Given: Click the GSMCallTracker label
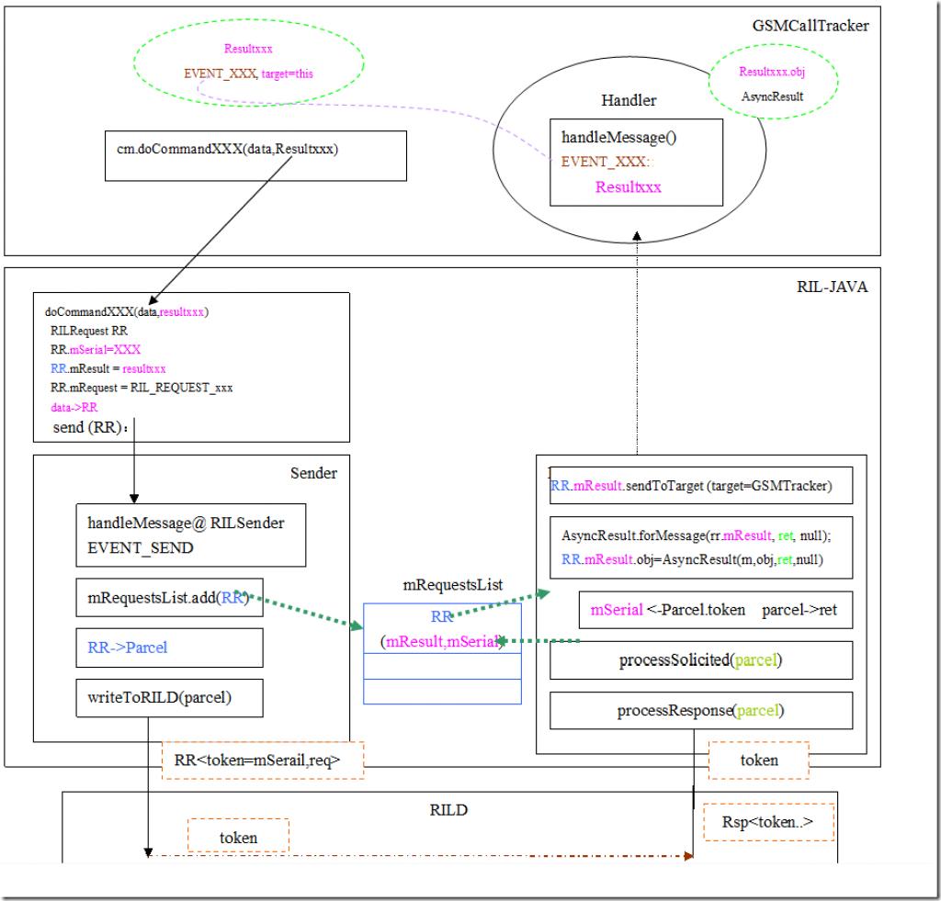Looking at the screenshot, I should click(x=810, y=26).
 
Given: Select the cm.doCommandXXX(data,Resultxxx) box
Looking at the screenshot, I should click(x=256, y=155).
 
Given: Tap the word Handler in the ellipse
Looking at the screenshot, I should click(x=629, y=100).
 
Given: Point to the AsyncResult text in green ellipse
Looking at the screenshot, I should click(x=771, y=96).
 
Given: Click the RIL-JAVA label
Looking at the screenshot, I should click(x=832, y=287).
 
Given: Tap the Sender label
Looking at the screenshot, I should click(x=313, y=473).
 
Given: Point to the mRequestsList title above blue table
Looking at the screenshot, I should click(x=441, y=584).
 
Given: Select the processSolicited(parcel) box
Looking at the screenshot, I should click(x=701, y=660).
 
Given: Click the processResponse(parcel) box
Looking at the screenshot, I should click(x=701, y=710).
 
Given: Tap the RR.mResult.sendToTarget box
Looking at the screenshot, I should click(x=701, y=485).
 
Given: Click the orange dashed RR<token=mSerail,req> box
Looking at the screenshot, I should click(x=262, y=760).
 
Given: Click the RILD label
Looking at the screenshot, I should click(x=449, y=811).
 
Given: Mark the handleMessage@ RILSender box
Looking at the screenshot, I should click(x=189, y=536).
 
